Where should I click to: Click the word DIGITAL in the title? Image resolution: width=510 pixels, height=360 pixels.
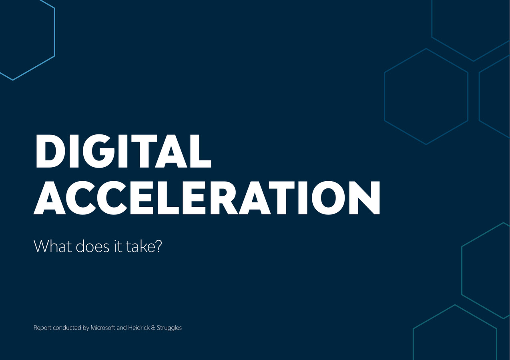coord(123,151)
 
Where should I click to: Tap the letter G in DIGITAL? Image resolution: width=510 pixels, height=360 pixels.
coord(100,151)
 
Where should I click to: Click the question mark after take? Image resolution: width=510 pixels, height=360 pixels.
coord(158,246)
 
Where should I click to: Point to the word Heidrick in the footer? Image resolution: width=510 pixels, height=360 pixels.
coord(139,328)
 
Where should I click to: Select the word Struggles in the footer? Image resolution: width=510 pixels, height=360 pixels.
coord(169,328)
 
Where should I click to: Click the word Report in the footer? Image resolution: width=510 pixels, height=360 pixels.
coord(42,328)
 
